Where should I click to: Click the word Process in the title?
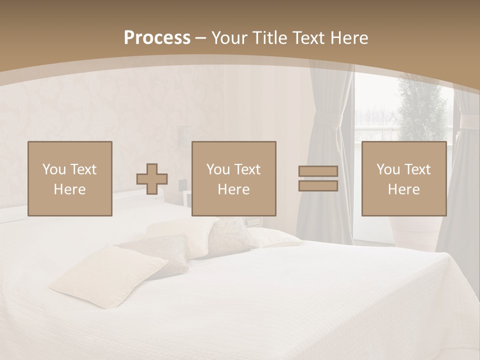tap(157, 38)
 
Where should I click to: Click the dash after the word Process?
tap(201, 38)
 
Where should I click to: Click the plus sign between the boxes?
tap(152, 179)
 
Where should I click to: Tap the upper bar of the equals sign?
tap(318, 171)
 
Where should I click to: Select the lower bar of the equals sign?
tap(318, 186)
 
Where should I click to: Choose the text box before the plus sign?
tap(69, 178)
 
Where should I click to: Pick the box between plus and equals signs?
tap(233, 178)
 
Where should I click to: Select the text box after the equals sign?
tap(403, 178)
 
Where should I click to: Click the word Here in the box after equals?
tap(403, 189)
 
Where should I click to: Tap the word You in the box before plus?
tap(54, 169)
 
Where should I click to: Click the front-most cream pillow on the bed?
tap(107, 275)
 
